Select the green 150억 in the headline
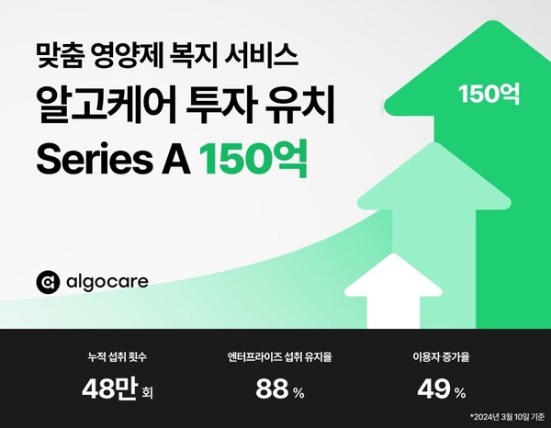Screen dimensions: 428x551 click(253, 160)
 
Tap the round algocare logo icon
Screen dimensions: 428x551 click(49, 281)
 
